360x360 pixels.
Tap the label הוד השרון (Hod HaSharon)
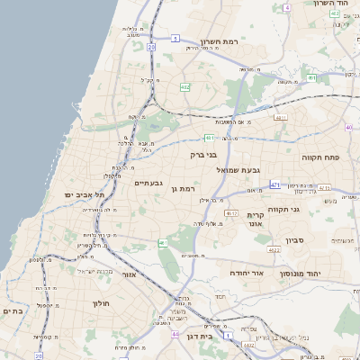330,4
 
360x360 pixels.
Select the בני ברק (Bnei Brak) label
203,154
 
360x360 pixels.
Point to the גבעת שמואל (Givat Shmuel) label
238,169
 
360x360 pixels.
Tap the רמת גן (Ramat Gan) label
183,188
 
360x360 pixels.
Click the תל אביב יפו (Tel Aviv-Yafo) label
85,194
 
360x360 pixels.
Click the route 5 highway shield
175,38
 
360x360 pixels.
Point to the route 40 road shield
348,127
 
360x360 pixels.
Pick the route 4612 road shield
231,213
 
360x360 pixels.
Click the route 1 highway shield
229,335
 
